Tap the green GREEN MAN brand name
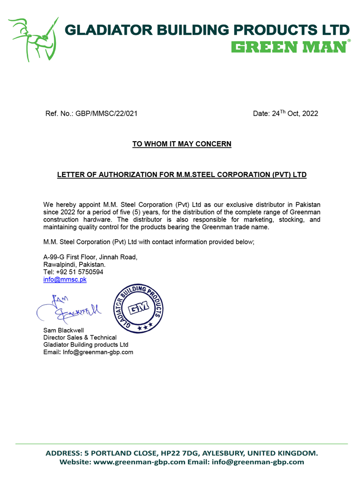pos(288,47)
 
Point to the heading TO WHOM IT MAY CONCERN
pos(182,144)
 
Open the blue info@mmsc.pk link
pos(65,280)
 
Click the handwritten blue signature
pos(70,309)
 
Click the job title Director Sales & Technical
pos(80,337)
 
